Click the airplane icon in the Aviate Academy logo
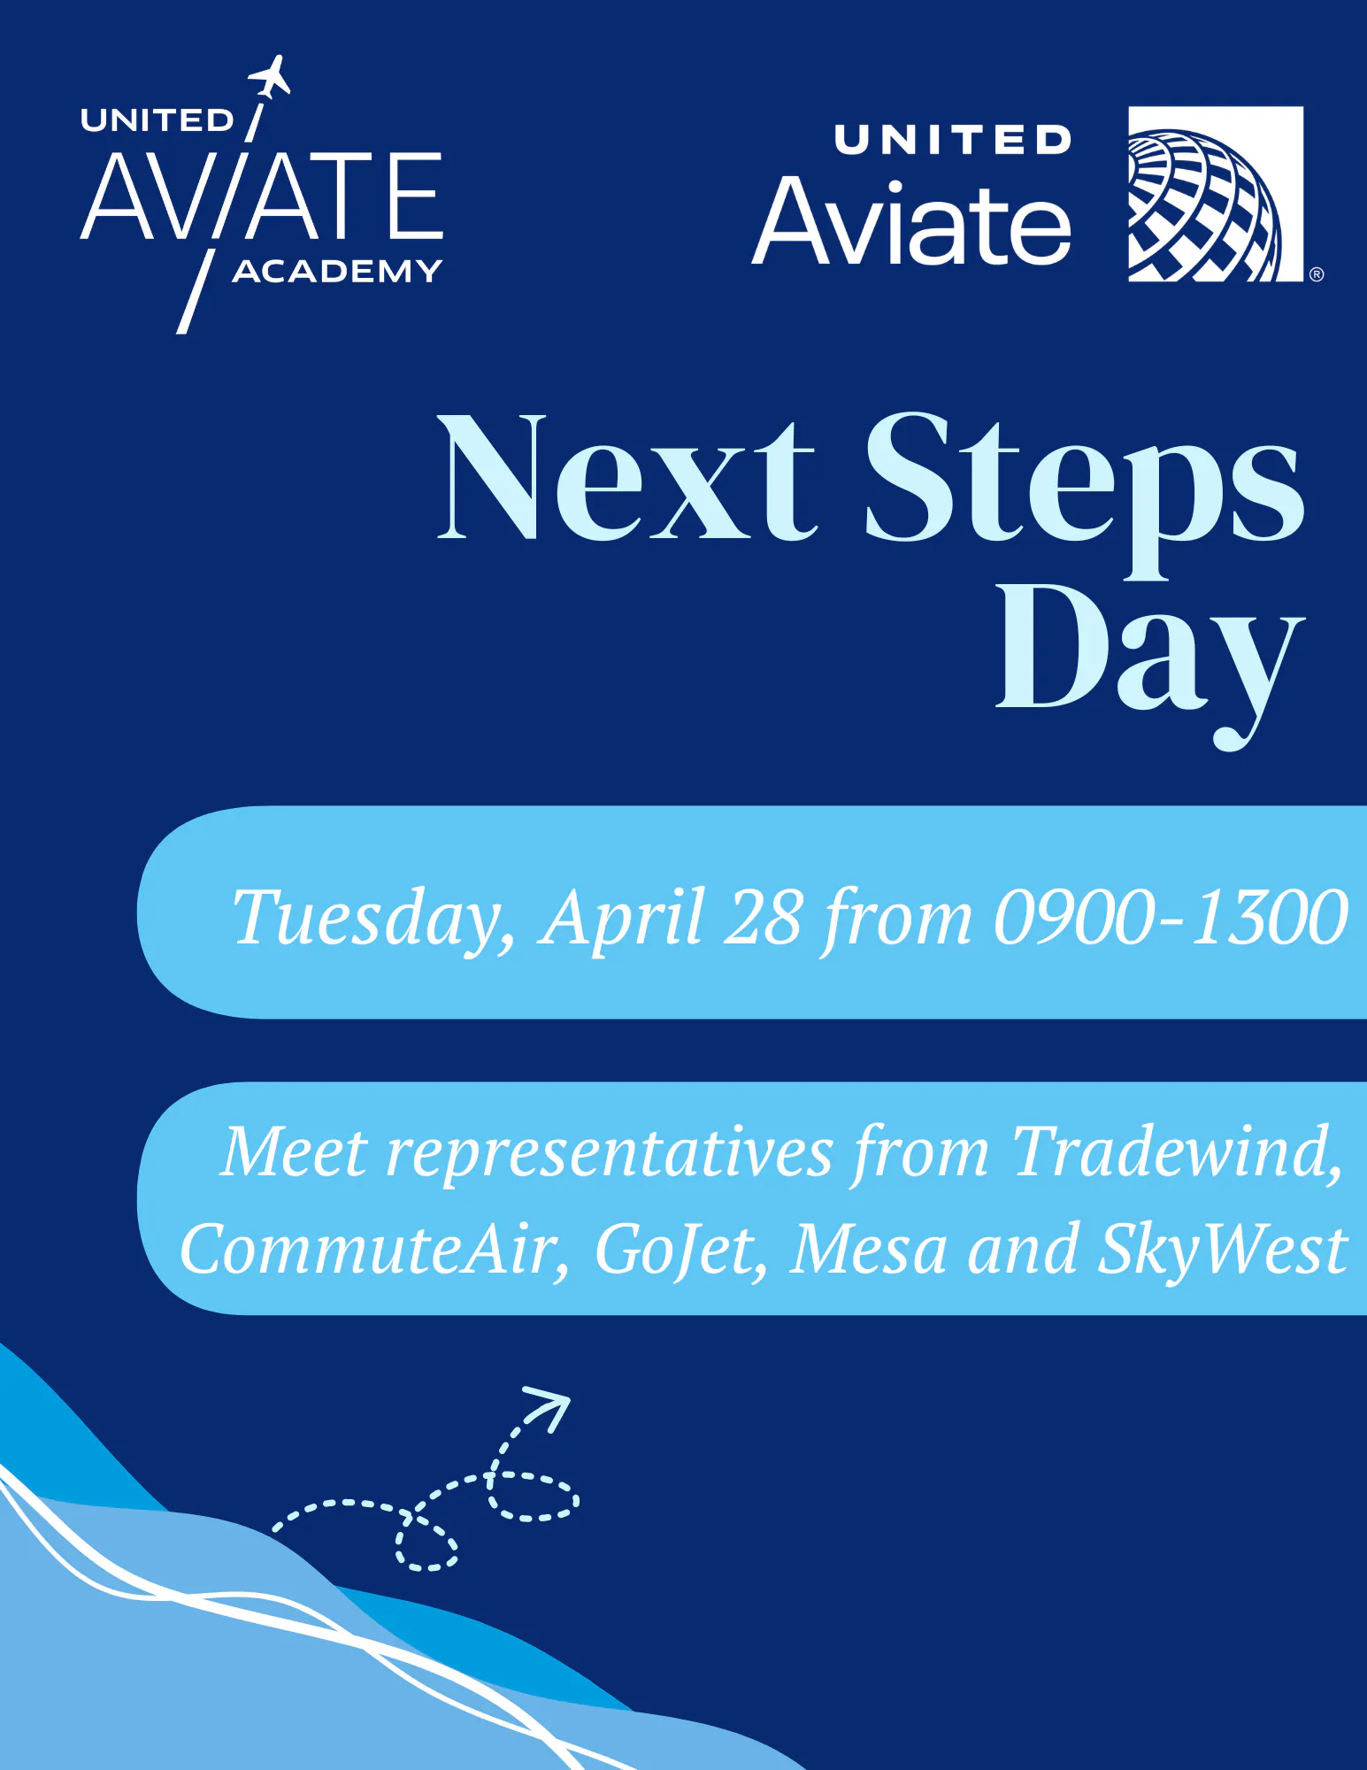coord(270,78)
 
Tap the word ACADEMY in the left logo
coord(337,271)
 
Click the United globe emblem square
coord(1215,194)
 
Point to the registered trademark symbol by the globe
coord(1317,274)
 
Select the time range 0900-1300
coord(1170,917)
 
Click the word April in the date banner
coord(623,919)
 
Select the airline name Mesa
coord(868,1250)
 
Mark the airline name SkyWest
coord(1222,1250)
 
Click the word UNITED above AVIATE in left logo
coord(157,120)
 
